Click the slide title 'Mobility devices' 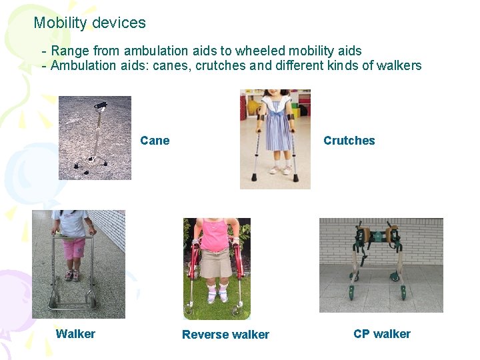click(x=89, y=23)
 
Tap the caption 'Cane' click(x=155, y=141)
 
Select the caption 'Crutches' click(x=349, y=141)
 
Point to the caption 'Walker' click(x=75, y=334)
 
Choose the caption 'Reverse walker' click(x=225, y=335)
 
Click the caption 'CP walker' click(x=382, y=334)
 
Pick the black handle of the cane click(x=100, y=105)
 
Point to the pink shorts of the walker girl click(x=73, y=248)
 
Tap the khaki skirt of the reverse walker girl click(x=215, y=263)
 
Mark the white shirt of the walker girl click(x=72, y=225)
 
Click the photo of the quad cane click(x=95, y=138)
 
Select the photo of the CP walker click(x=381, y=265)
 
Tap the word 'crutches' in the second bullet click(x=218, y=65)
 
